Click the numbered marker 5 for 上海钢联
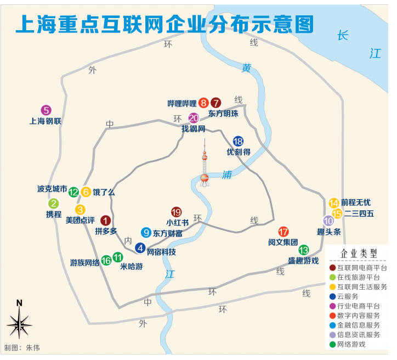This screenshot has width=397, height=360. click(x=46, y=110)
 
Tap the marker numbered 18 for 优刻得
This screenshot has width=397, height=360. click(x=238, y=141)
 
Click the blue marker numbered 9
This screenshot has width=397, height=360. click(x=146, y=232)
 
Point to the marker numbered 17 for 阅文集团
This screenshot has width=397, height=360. click(x=283, y=232)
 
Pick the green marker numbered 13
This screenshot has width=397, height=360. click(x=303, y=250)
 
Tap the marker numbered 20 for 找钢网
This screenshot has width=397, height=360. click(x=194, y=118)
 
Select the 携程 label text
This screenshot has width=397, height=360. click(x=54, y=215)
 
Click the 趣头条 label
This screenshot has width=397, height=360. click(x=328, y=232)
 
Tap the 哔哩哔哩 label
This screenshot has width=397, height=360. click(x=182, y=103)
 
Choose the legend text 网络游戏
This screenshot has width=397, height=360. click(x=351, y=344)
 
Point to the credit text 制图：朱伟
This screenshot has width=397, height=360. click(x=22, y=348)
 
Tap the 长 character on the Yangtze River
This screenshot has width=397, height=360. click(x=343, y=36)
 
